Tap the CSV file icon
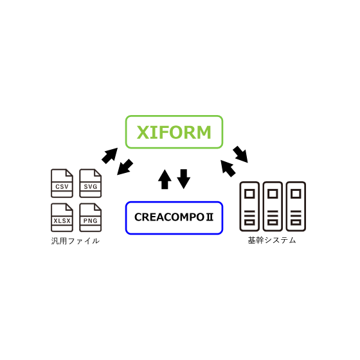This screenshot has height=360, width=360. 62,183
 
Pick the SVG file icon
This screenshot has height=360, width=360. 91,183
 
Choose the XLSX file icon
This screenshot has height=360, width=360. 62,217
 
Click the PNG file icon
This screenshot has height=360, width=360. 91,217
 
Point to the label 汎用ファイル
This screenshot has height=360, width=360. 75,241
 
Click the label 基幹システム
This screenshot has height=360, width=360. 272,240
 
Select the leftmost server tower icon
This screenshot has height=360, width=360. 249,206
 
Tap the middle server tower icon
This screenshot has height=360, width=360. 273,206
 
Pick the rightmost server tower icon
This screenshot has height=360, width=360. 296,206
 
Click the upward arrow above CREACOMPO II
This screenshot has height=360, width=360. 165,179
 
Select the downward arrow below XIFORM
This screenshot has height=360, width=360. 184,179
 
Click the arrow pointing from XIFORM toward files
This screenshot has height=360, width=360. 125,168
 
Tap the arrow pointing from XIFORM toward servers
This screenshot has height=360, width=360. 240,154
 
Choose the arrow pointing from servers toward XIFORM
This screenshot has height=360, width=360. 228,168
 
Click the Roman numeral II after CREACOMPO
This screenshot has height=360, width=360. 210,217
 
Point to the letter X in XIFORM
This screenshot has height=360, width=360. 144,132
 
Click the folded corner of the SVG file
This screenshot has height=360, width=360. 97,173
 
